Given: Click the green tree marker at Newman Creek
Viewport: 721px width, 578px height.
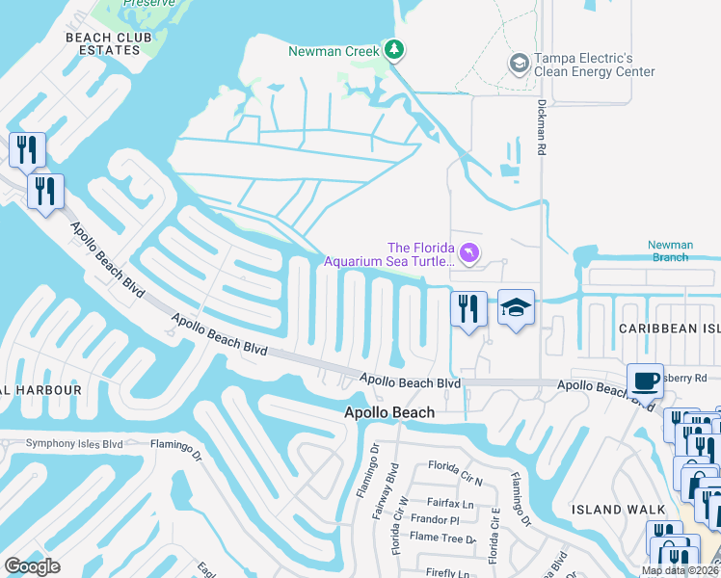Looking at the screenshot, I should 393,48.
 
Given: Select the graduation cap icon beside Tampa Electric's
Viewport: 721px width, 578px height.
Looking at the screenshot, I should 519,63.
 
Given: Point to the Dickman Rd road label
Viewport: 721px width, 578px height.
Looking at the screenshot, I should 541,131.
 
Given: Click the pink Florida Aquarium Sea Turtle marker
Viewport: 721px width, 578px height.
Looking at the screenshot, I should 468,252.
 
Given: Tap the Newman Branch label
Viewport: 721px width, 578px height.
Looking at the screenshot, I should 670,251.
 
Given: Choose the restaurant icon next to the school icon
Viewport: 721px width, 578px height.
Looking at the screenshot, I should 468,309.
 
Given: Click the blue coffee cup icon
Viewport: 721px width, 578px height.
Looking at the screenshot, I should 645,380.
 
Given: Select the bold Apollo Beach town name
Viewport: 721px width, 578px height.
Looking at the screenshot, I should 389,412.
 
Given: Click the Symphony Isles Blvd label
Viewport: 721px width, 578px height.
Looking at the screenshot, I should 62,444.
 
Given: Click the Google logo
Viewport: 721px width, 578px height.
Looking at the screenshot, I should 33,566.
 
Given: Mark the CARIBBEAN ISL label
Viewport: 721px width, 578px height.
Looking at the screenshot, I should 669,328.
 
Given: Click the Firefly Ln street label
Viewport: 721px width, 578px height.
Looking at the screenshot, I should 448,573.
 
